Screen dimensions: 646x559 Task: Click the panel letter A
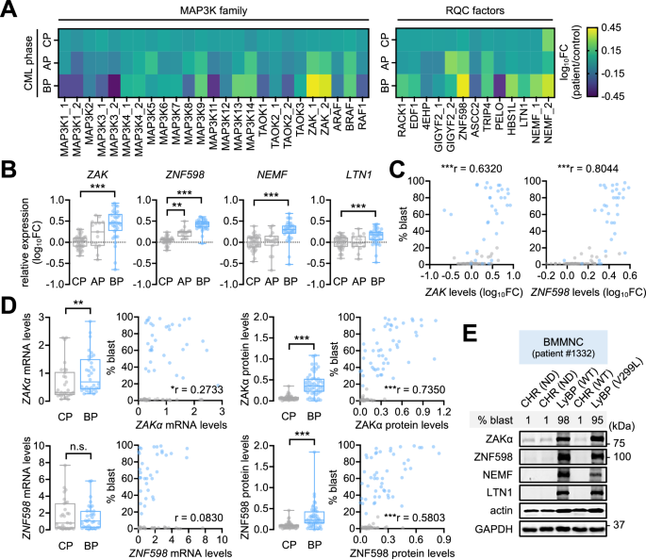(8, 9)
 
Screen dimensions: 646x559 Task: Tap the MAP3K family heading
(213, 10)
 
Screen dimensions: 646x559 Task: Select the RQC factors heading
(474, 10)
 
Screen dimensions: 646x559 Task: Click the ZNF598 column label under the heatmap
(462, 121)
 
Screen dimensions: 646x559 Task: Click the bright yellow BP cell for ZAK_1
(313, 86)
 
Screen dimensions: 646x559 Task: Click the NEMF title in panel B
(272, 174)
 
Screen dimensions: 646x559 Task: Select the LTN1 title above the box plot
(358, 174)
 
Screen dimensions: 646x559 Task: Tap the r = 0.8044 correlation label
(588, 168)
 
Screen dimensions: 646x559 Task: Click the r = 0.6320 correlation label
(472, 168)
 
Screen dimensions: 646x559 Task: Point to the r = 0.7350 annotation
(414, 389)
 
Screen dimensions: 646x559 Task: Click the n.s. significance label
(78, 447)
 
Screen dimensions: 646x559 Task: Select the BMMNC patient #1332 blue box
(563, 347)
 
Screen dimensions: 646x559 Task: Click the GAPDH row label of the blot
(493, 529)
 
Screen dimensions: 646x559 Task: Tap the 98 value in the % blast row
(563, 420)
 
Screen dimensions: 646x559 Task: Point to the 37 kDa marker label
(619, 524)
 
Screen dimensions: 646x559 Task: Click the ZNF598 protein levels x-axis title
(402, 553)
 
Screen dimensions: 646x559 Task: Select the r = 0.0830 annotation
(199, 518)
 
